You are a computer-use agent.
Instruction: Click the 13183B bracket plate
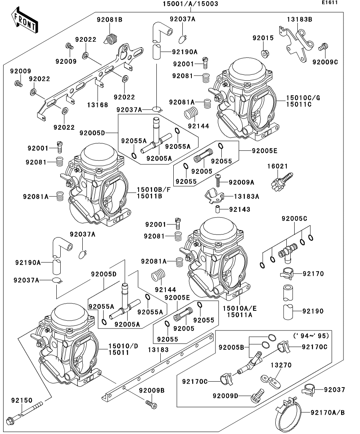295,43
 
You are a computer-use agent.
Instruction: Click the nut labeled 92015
265,53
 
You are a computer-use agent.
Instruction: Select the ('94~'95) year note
311,336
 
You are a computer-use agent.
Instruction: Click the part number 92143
240,210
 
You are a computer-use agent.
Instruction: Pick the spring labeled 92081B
111,38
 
